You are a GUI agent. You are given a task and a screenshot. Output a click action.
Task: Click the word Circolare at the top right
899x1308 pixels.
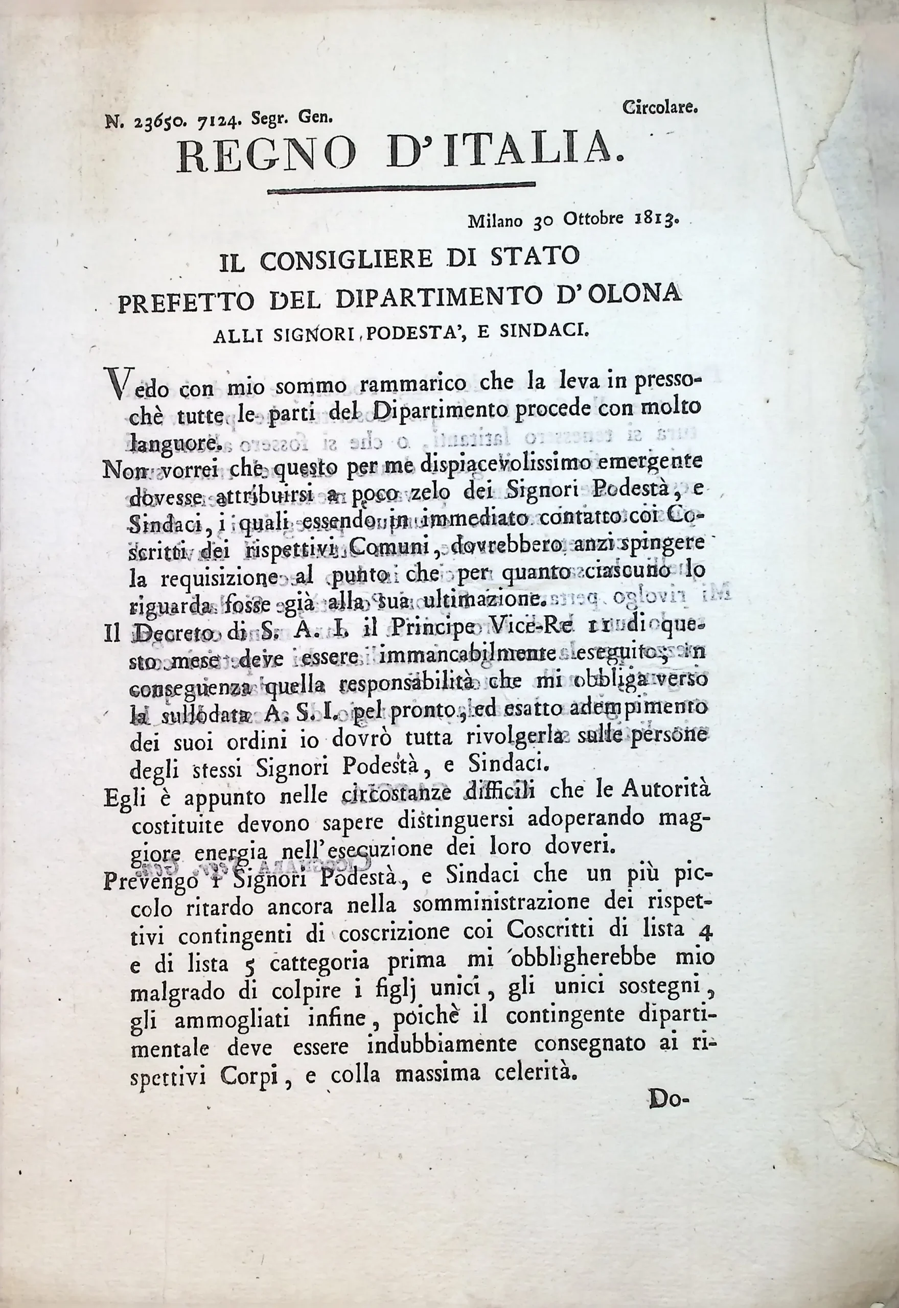tap(661, 106)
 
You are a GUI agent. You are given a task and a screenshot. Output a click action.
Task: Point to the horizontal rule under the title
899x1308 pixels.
tap(401, 188)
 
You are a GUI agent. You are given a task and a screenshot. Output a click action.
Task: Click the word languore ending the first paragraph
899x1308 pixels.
tap(172, 442)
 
